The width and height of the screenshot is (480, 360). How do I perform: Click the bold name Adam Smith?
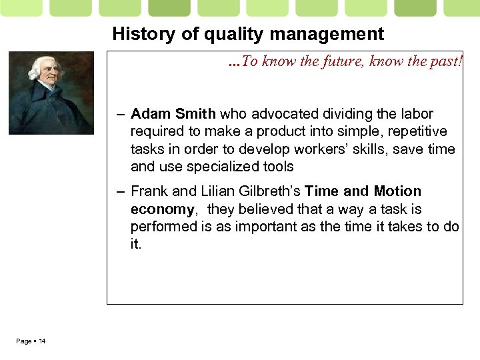tap(173, 114)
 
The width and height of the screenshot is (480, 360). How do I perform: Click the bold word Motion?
tap(397, 191)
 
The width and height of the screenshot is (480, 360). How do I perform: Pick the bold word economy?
tap(162, 209)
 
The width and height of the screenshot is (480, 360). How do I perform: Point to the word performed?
tap(162, 227)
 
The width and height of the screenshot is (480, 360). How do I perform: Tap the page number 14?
tap(42, 341)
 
